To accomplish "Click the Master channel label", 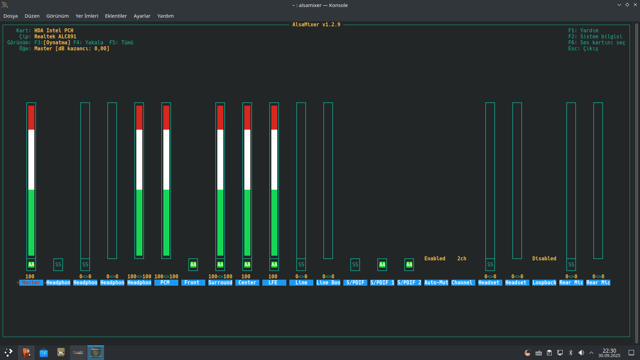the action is coord(31,283).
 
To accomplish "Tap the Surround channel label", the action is coord(220,283).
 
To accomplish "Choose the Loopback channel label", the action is coord(544,283).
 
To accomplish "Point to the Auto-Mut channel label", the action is coord(436,283).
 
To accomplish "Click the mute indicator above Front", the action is coord(193,265).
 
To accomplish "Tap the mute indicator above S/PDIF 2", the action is coord(409,265).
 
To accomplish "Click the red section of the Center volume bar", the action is coord(247,118).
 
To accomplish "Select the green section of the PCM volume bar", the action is coord(166,223).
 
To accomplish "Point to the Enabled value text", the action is coord(435,259).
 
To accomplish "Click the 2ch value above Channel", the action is coord(462,259).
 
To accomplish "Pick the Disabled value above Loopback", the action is coord(544,259).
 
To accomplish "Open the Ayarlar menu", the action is coord(142,16).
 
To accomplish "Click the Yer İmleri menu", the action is coord(87,16).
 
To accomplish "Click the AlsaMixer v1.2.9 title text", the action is coord(316,25).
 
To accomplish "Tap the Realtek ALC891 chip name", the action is coord(55,37).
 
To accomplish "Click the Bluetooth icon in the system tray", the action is coord(571,353).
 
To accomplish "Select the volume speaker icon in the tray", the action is coord(581,353).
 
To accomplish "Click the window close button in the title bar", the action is coord(635,5).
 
